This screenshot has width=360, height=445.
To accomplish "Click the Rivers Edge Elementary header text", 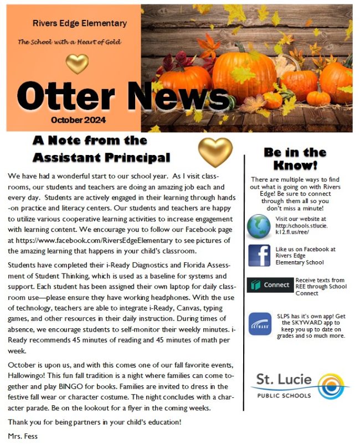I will [79, 24].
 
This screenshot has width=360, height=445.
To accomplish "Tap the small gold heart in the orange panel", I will [77, 64].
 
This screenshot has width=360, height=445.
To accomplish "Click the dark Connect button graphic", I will [270, 284].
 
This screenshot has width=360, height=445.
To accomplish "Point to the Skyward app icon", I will [260, 324].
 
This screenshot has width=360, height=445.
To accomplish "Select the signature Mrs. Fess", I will [23, 436].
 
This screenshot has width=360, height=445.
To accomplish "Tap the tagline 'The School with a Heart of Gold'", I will [70, 42].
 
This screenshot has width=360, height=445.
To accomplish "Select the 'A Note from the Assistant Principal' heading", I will [101, 149].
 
